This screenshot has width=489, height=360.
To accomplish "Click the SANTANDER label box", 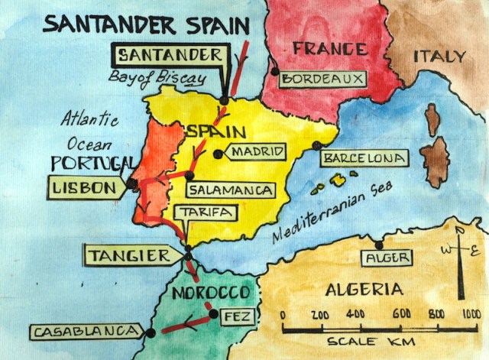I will [x=170, y=55].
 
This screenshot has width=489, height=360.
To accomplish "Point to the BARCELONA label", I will [x=364, y=158].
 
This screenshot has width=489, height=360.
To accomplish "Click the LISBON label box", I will [x=85, y=186].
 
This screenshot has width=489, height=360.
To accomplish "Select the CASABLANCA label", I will [x=86, y=332].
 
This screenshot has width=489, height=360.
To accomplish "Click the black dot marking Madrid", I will [x=218, y=154].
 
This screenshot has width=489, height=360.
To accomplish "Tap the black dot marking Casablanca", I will [x=151, y=332].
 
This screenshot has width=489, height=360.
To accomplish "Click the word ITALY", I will [x=439, y=57].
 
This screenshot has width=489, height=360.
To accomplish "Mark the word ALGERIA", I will [x=364, y=290].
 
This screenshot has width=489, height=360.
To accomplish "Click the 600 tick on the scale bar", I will [x=402, y=314].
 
